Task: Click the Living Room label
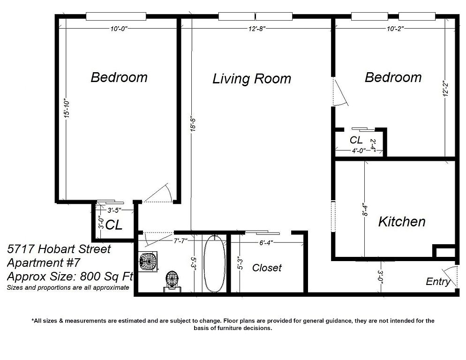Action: coord(252,79)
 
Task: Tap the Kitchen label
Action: coord(401,222)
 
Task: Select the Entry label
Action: coord(438,282)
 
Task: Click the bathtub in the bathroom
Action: coord(214,264)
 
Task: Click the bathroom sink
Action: coord(148,262)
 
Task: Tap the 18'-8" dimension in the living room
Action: coord(193,124)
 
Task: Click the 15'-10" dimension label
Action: coord(67,108)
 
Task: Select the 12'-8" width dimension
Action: coord(257,29)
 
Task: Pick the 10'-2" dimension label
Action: coord(395,29)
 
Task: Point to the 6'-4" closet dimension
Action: coord(266,243)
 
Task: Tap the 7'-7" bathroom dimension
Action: coord(180,240)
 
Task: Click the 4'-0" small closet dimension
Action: coord(359,151)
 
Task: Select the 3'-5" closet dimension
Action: coord(114,210)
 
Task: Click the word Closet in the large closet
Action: coord(267,268)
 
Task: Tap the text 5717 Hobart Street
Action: coord(59,249)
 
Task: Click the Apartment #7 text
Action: coord(44,263)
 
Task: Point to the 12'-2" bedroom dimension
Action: coord(445,88)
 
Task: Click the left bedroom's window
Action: coord(116,16)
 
